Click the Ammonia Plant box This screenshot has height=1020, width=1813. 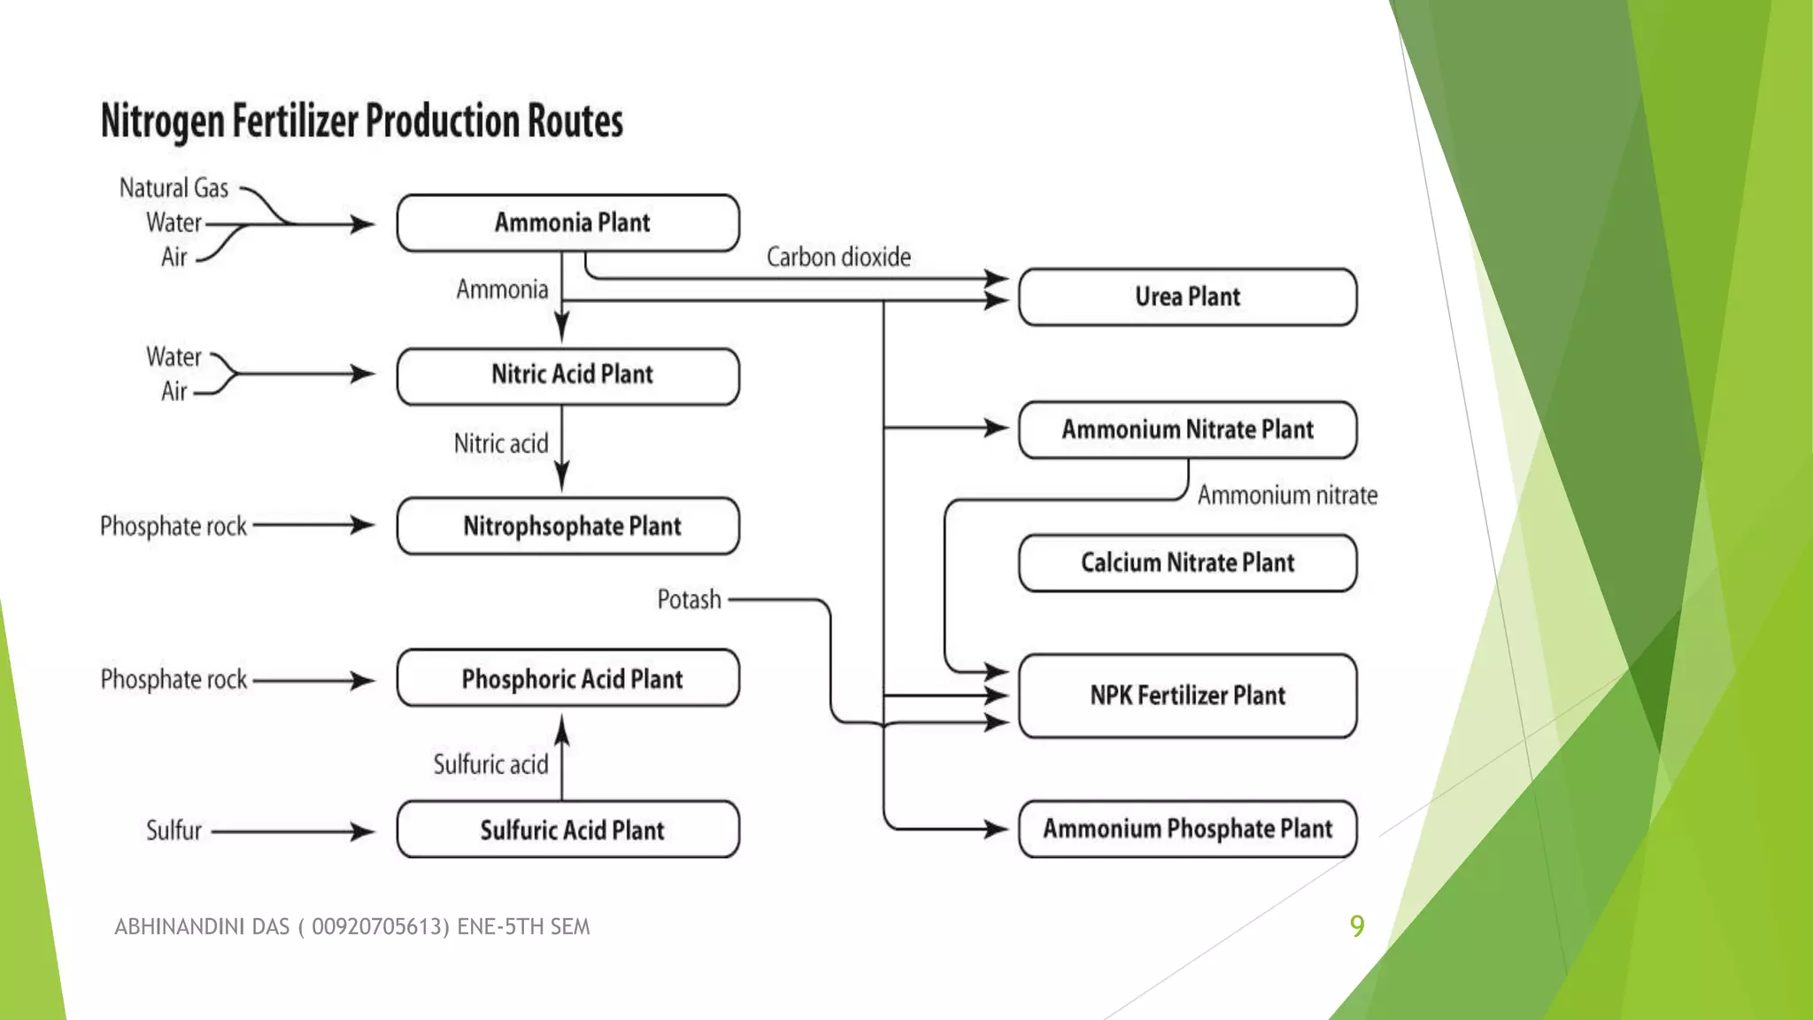[x=567, y=223]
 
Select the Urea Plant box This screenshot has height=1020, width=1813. [x=1187, y=297]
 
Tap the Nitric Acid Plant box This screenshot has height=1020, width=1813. [x=567, y=375]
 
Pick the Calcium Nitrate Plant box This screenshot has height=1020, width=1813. [x=1187, y=563]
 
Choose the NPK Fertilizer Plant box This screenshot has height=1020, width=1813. [x=1187, y=696]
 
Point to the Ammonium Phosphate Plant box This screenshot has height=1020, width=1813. [x=1187, y=829]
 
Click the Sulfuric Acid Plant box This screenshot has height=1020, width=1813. [x=567, y=830]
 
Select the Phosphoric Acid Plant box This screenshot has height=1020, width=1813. [x=567, y=678]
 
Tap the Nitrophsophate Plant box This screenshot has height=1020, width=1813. [x=567, y=526]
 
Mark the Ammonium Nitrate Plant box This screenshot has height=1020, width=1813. [x=1187, y=429]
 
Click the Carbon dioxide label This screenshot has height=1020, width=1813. [x=838, y=257]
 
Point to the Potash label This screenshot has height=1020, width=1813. [x=689, y=599]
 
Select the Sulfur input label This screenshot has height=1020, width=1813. [x=174, y=831]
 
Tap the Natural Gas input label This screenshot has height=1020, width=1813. [x=174, y=189]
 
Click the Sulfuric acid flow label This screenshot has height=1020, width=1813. [x=490, y=764]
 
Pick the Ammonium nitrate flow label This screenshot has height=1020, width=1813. [x=1287, y=495]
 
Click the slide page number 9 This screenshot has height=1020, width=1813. [x=1357, y=926]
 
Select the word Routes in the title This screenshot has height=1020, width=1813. [x=575, y=121]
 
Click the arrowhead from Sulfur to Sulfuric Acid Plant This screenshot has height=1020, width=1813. [x=362, y=831]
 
